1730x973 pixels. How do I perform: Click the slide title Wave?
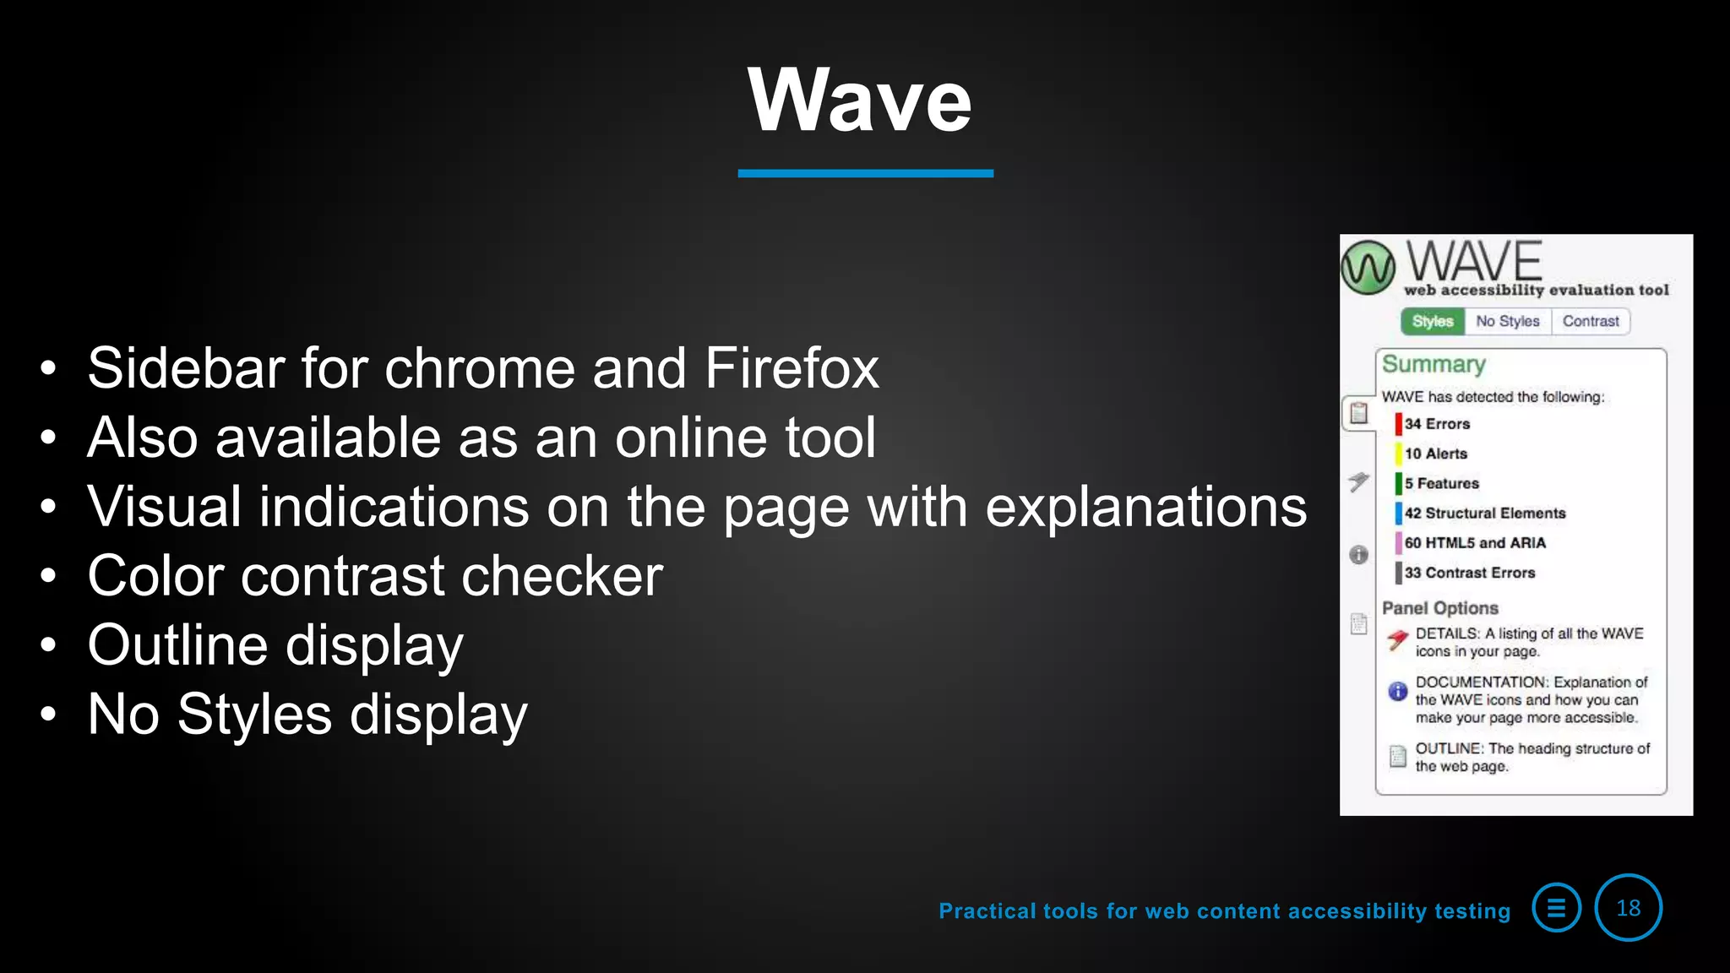click(x=860, y=101)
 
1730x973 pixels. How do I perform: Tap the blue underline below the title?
click(x=865, y=173)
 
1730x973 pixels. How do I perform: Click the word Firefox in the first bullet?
click(x=792, y=368)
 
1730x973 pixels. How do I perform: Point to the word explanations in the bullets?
click(x=1145, y=507)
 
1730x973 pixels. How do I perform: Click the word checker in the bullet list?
click(x=562, y=576)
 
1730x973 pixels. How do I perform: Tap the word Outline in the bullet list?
click(x=177, y=645)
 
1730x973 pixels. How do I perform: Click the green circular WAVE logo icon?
click(x=1368, y=268)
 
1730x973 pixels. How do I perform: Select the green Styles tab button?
click(x=1433, y=321)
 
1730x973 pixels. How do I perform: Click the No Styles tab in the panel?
click(x=1507, y=321)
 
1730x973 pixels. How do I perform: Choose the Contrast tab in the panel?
click(x=1591, y=321)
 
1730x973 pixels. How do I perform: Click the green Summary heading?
click(x=1434, y=364)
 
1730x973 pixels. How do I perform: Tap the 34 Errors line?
click(x=1437, y=424)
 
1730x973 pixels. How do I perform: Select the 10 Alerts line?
click(x=1435, y=454)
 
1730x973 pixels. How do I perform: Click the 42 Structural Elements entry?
click(x=1484, y=513)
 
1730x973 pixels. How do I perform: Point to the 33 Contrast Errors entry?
click(x=1469, y=573)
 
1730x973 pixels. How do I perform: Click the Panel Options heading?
click(x=1439, y=608)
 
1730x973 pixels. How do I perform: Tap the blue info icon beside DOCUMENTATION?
click(x=1398, y=692)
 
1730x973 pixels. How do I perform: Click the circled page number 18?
click(x=1628, y=908)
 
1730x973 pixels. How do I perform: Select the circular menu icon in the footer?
click(x=1556, y=908)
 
